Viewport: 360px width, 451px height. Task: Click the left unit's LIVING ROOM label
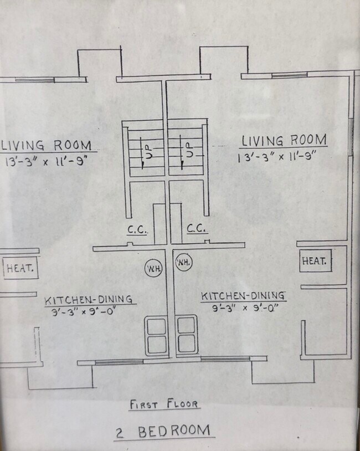tap(47, 145)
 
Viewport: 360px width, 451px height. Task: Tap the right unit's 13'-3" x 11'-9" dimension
tap(281, 157)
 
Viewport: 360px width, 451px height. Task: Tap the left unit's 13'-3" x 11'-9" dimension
tap(47, 162)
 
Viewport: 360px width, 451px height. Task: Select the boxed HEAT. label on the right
tap(315, 260)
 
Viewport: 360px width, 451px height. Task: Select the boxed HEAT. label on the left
tap(20, 269)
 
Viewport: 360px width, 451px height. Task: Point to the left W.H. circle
tap(153, 269)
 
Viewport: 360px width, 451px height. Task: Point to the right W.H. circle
tap(183, 263)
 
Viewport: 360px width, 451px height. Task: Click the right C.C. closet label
tap(197, 228)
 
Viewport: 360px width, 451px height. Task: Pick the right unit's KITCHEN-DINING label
tap(243, 296)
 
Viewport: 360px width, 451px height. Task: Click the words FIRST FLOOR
tap(164, 404)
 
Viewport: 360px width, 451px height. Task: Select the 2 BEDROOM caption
tap(164, 430)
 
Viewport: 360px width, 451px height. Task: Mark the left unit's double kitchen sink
tap(156, 336)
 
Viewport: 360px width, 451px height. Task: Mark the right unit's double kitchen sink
tap(187, 334)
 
